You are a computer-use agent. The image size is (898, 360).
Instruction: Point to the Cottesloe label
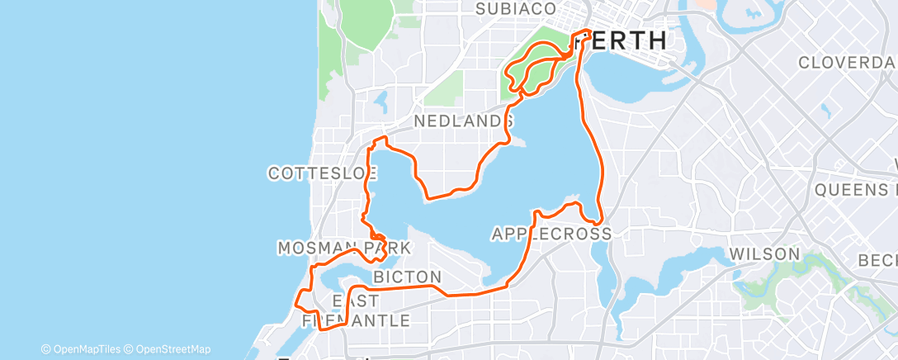click(323, 173)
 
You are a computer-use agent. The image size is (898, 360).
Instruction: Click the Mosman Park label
click(343, 249)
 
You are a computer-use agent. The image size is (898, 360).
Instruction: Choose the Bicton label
click(407, 276)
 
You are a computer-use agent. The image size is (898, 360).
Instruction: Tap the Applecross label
click(551, 234)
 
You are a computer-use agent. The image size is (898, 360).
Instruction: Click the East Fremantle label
click(357, 310)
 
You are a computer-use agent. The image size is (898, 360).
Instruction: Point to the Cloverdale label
click(847, 63)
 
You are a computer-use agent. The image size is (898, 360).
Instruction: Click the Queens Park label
click(855, 190)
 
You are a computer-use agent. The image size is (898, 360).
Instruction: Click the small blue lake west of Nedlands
click(381, 102)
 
